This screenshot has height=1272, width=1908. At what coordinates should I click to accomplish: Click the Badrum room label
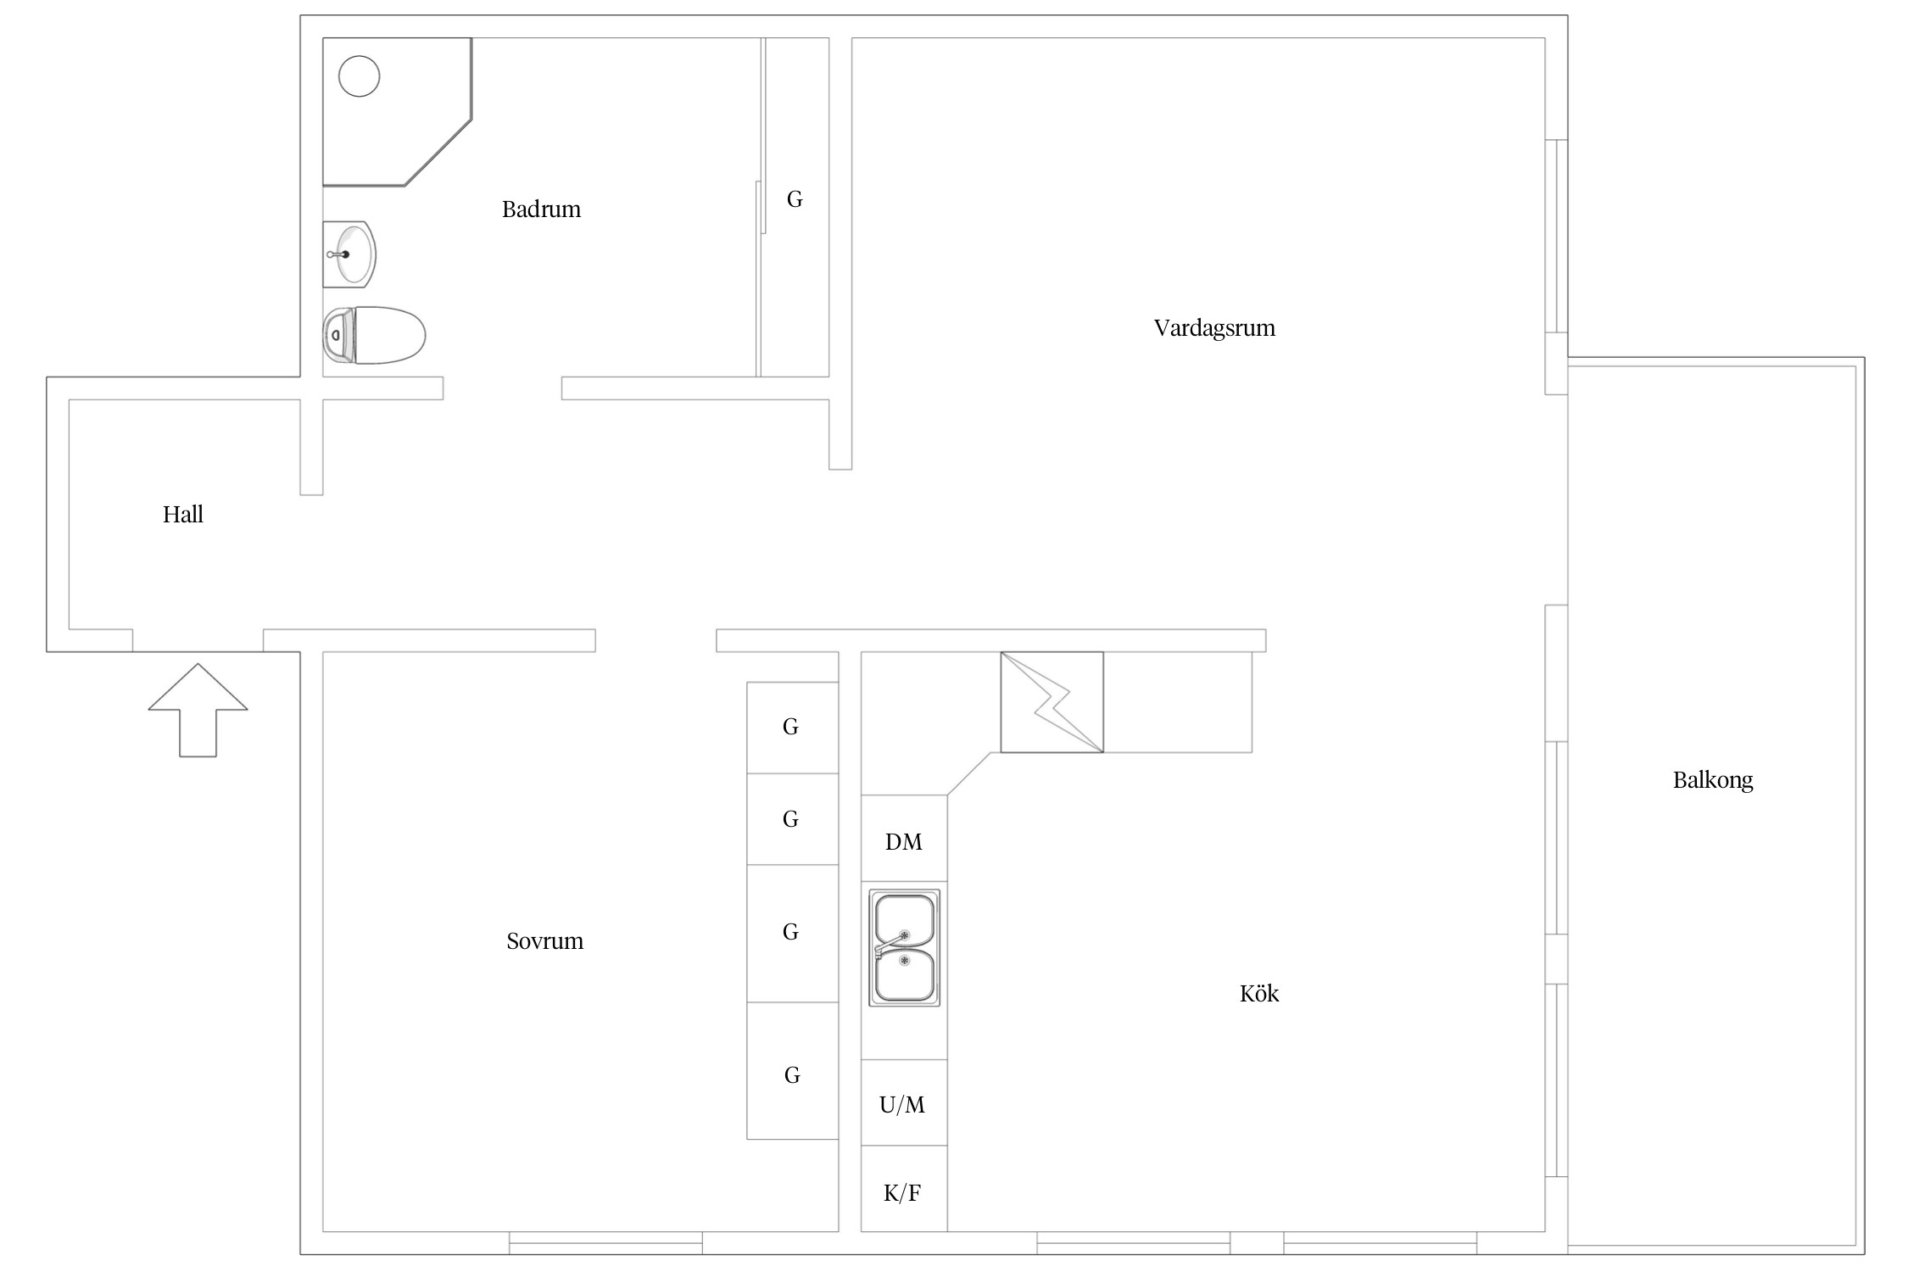click(541, 209)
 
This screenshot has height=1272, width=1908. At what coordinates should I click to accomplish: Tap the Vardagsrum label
click(1214, 328)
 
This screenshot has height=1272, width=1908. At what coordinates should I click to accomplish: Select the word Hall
click(183, 514)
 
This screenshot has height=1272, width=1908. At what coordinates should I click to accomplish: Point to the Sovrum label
click(545, 941)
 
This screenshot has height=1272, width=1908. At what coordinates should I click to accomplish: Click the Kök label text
click(1259, 993)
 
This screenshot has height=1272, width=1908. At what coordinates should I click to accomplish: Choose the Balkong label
click(1713, 780)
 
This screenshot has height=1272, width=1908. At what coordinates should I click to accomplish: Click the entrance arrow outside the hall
click(198, 710)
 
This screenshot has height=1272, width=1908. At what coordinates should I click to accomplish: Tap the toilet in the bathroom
click(374, 335)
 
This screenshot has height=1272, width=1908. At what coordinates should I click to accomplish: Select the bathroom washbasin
click(349, 254)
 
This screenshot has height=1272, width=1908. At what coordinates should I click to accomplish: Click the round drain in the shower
click(360, 76)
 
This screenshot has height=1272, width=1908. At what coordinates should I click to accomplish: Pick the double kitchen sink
click(905, 947)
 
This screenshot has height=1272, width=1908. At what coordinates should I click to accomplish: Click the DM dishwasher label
click(904, 842)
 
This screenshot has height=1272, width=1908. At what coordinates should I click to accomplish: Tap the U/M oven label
click(902, 1104)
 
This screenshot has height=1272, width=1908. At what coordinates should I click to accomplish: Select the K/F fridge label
click(902, 1193)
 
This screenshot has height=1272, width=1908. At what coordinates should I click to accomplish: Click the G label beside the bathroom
click(795, 198)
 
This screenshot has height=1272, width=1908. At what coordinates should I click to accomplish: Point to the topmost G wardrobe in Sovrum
click(792, 728)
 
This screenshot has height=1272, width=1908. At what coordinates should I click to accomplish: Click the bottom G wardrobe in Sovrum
click(792, 1070)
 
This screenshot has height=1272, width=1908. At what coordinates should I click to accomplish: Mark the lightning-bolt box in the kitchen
click(1052, 702)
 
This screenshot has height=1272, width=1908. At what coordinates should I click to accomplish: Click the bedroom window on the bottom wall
click(605, 1243)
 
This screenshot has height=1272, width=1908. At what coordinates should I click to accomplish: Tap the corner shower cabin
click(397, 112)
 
